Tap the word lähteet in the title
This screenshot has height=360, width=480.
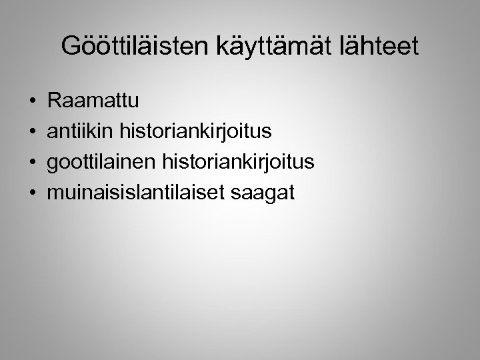point(379,46)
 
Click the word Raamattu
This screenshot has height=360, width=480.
point(93,101)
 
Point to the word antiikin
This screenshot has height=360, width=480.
point(81,132)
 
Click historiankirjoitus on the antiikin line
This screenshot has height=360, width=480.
point(195,132)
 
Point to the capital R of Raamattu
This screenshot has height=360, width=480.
point(55,101)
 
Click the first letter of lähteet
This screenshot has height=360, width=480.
point(342,46)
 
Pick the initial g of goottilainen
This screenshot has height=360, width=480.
point(53,164)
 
